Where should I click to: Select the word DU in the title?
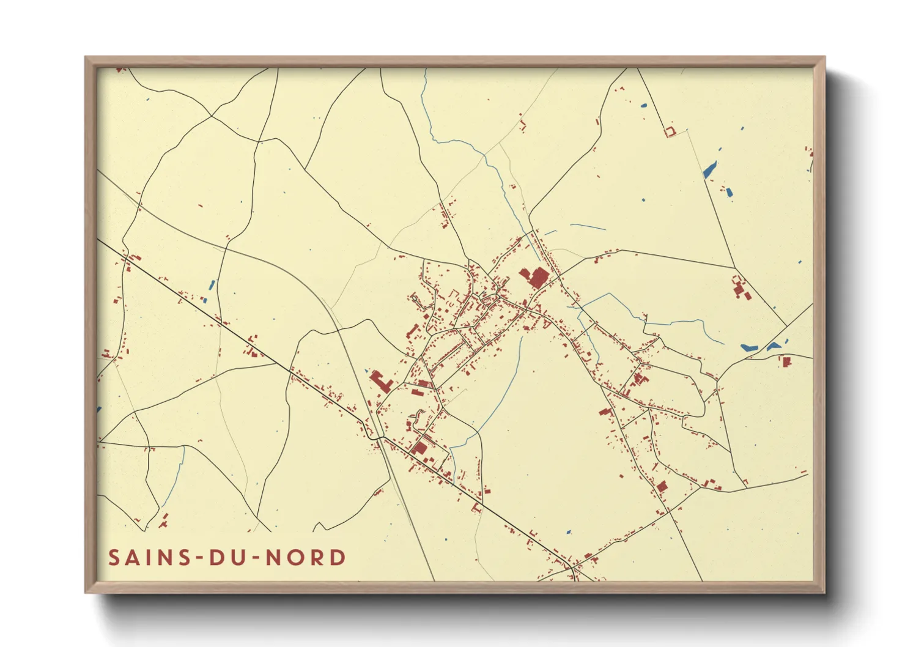pos(226,558)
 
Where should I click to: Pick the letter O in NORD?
pos(295,558)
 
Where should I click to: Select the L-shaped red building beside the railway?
pos(380,381)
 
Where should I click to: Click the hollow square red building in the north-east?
pos(669,131)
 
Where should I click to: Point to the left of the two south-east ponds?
pos(749,347)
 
